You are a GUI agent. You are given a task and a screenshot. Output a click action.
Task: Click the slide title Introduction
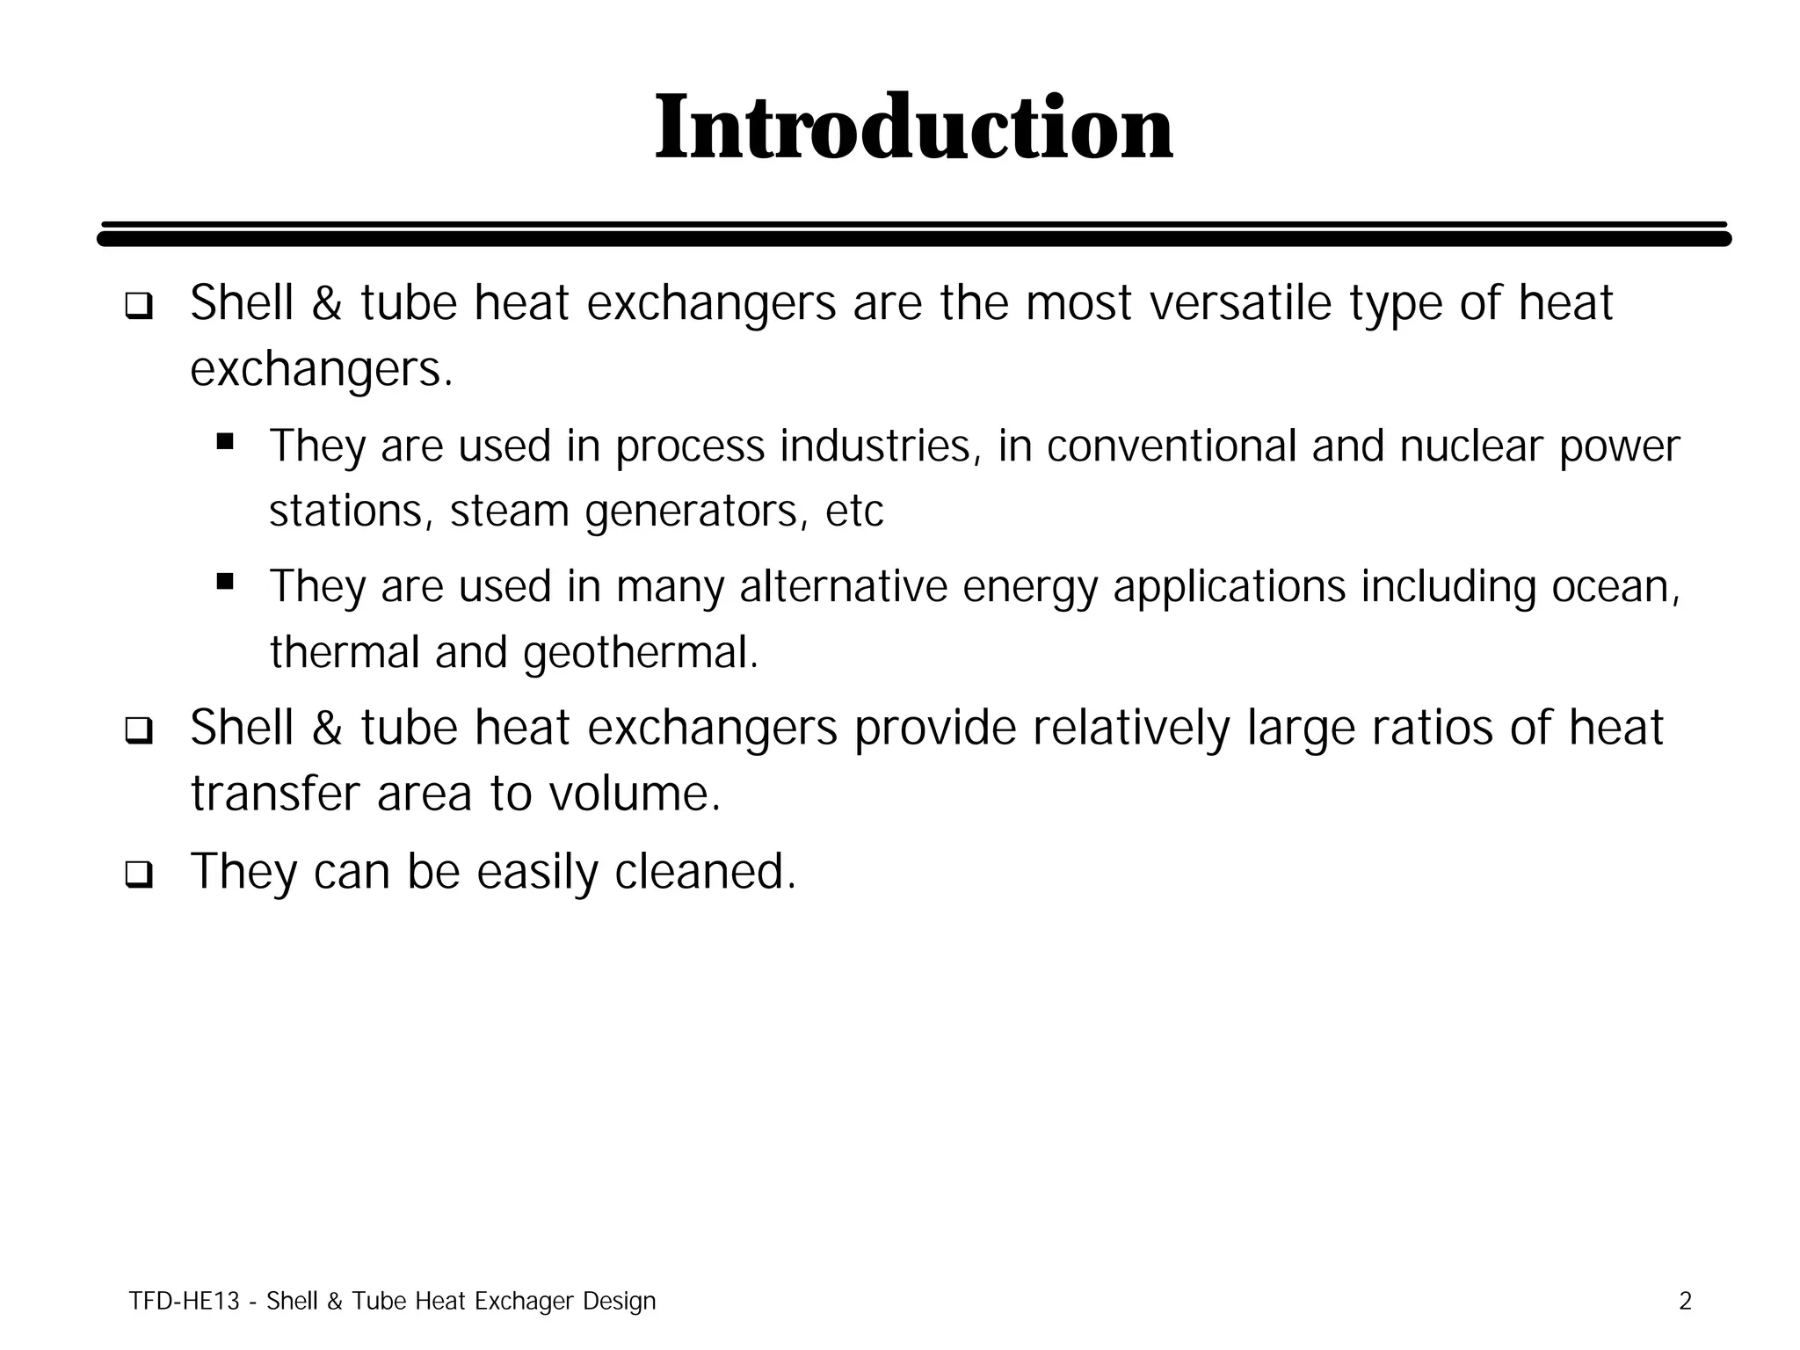point(913,128)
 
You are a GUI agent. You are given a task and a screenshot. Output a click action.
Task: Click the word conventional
point(1172,446)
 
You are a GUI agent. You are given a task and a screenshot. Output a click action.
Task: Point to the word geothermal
point(639,653)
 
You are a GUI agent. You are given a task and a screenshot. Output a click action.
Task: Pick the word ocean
point(1615,586)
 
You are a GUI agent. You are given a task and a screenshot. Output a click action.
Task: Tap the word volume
point(634,794)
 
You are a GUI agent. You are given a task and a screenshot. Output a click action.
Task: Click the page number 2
point(1685,1301)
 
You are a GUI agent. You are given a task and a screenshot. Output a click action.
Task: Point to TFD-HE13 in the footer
point(184,1301)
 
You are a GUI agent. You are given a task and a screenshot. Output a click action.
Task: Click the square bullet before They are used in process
point(225,441)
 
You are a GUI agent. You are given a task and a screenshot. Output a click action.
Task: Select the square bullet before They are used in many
point(225,581)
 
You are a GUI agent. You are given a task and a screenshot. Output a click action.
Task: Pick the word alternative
point(844,586)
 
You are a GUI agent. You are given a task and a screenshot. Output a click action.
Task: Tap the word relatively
point(1130,729)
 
